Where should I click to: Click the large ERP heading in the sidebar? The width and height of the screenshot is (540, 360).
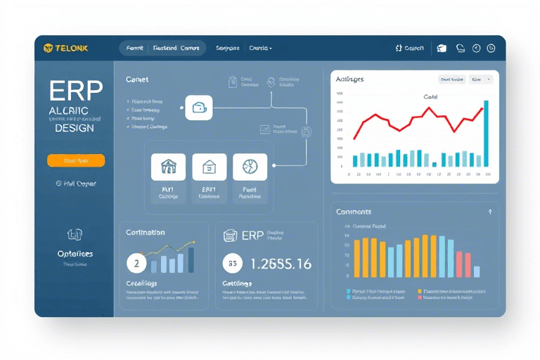[77, 91]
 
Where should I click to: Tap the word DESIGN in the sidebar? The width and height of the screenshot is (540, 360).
[74, 128]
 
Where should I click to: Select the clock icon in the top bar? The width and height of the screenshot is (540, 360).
[476, 48]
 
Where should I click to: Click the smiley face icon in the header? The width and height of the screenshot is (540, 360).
[491, 48]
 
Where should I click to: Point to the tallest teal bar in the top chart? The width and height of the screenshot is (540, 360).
[486, 134]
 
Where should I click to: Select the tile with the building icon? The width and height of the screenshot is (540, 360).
[169, 167]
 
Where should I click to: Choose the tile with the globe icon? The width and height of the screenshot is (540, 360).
[250, 167]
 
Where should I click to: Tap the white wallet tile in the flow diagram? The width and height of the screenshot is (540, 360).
[198, 108]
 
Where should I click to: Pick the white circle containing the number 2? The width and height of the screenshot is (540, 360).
[136, 264]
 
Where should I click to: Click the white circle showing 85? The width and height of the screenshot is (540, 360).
[232, 264]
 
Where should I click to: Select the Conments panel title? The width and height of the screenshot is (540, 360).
[354, 212]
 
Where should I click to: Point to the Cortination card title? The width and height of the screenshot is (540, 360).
[146, 232]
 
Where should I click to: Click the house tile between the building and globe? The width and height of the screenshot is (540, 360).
[210, 167]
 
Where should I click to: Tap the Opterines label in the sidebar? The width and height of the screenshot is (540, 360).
[75, 253]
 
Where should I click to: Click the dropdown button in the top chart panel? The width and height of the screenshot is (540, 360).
[481, 79]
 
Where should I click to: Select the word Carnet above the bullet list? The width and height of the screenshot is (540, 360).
[137, 80]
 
